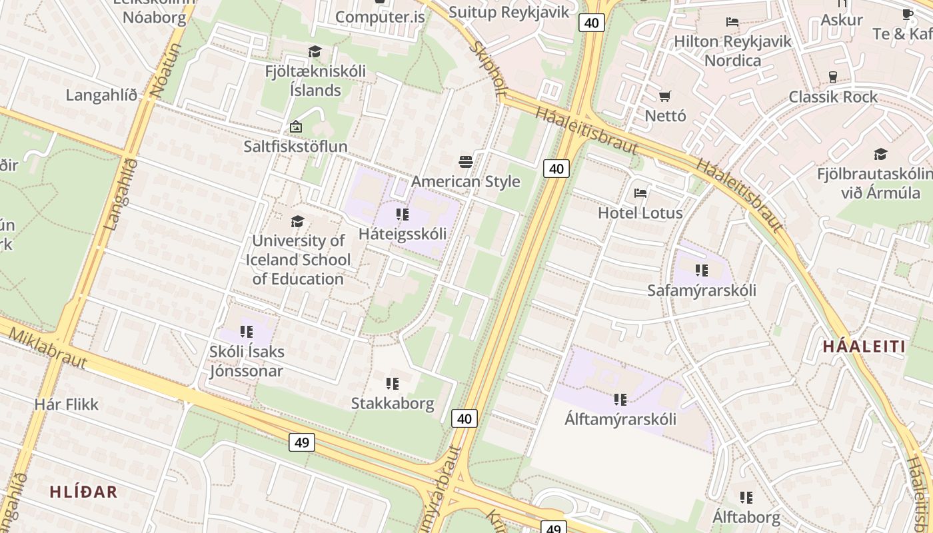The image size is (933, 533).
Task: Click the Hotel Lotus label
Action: tap(640, 213)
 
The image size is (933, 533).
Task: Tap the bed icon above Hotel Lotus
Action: tap(640, 193)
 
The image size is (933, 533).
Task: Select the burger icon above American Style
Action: tap(466, 161)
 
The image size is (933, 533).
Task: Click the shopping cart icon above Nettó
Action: tap(664, 96)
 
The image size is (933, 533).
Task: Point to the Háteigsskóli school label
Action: tap(403, 234)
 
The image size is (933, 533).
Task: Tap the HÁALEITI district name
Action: tap(864, 346)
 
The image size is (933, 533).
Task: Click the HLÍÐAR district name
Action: tap(83, 492)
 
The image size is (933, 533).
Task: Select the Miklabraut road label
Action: tap(48, 347)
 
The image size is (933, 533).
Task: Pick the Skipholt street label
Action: tap(488, 69)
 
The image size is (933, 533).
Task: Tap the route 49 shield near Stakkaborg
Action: tap(302, 442)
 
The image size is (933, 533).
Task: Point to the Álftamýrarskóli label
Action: tap(620, 419)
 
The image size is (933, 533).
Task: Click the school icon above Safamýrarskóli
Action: tap(701, 270)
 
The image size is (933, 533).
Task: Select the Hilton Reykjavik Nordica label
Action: tap(732, 51)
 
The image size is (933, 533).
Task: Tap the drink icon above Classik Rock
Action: tap(832, 77)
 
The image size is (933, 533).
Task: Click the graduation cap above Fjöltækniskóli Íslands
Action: tap(315, 51)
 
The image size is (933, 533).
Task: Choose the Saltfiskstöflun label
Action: tap(295, 146)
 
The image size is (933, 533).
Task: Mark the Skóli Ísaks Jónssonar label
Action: tap(247, 361)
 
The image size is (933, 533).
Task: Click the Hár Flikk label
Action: tap(66, 404)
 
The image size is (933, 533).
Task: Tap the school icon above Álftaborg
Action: tap(746, 497)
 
